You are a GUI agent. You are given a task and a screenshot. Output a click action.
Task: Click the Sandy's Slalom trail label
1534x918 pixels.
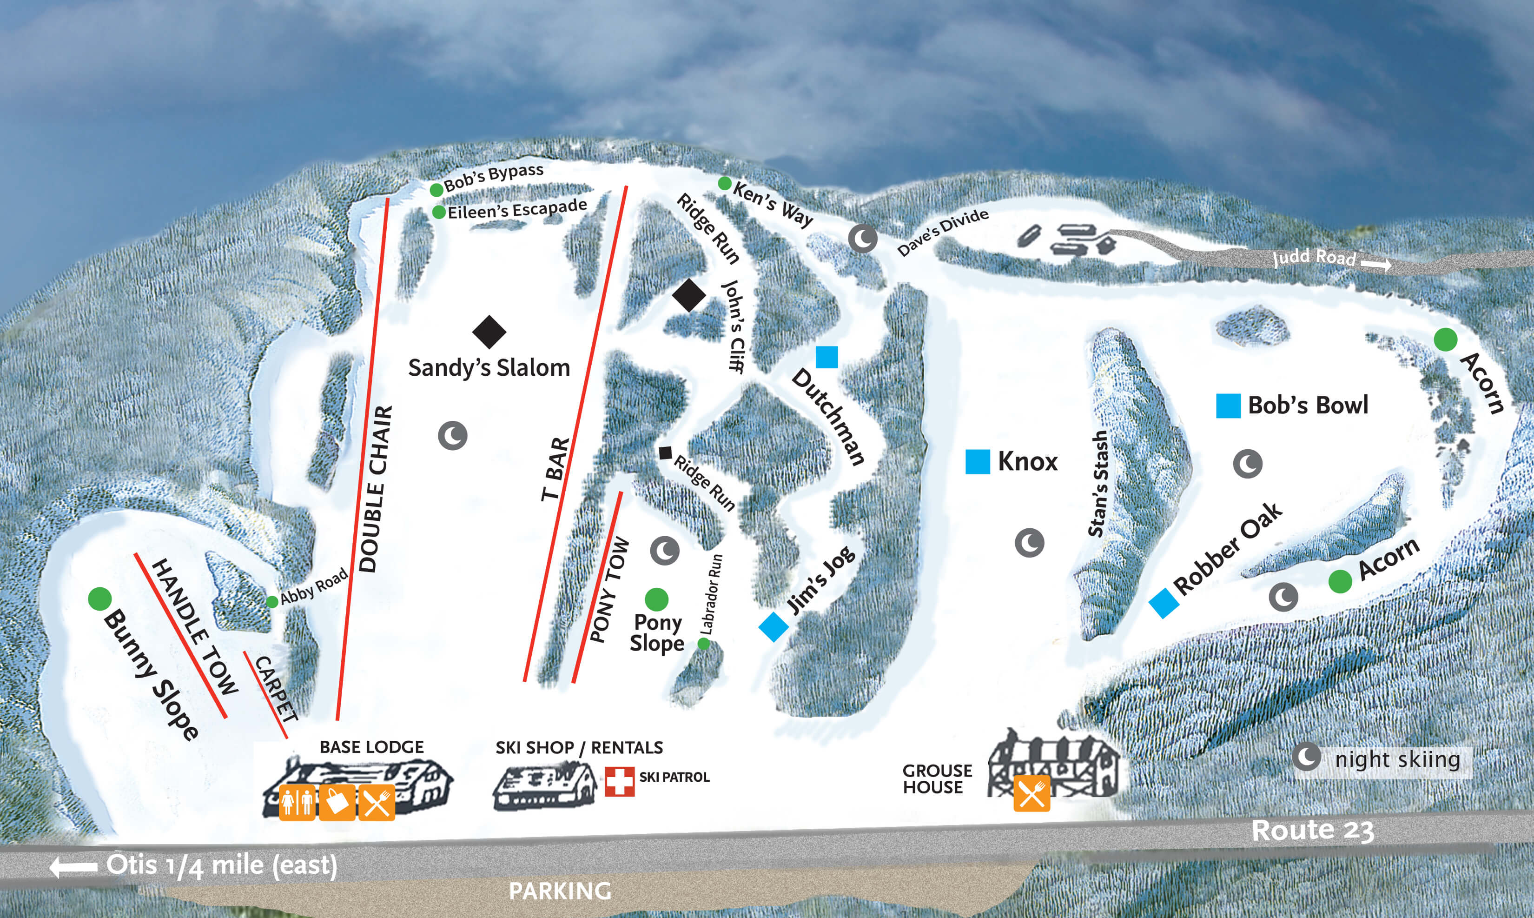[x=489, y=368]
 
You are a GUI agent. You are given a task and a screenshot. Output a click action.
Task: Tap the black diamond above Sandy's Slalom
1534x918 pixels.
[x=489, y=332]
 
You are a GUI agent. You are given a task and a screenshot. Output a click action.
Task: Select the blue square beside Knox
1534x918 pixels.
[x=977, y=461]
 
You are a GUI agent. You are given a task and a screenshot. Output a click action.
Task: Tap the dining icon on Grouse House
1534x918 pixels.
[x=1031, y=792]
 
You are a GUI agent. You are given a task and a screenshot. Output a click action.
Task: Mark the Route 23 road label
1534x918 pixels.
[x=1312, y=831]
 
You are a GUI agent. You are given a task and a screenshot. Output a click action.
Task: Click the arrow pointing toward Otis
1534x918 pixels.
[x=73, y=867]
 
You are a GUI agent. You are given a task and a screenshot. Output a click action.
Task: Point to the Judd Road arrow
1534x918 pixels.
[x=1375, y=265]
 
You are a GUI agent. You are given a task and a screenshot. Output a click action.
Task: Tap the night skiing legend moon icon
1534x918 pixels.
[x=1307, y=757]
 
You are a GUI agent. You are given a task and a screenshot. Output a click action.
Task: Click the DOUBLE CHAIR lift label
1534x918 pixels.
[x=375, y=489]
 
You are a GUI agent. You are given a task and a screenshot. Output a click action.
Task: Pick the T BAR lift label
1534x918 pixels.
[x=555, y=469]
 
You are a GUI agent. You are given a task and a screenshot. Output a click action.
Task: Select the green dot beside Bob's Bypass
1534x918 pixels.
[x=436, y=189]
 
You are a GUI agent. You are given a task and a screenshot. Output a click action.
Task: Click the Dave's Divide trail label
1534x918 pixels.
[x=943, y=232]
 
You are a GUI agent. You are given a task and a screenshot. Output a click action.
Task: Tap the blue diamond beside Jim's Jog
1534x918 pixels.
[x=773, y=626]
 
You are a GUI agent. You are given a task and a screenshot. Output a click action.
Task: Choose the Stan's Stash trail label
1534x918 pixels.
[x=1098, y=484]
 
